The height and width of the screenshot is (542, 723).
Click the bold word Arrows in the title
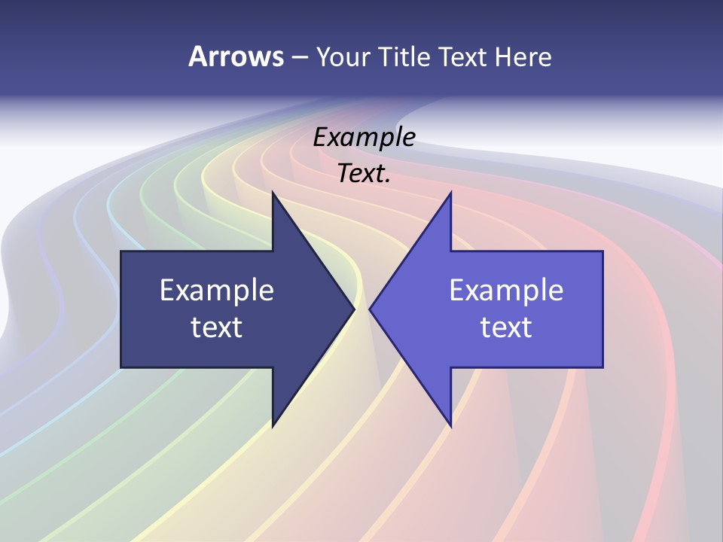[x=236, y=56]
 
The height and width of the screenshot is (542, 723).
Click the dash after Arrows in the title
[x=299, y=57]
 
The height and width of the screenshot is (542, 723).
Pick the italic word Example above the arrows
[x=365, y=137]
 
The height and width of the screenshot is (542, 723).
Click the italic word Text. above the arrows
[x=365, y=174]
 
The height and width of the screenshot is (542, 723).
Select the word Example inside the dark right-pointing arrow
[x=217, y=291]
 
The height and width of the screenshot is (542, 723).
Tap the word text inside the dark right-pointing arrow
[x=217, y=327]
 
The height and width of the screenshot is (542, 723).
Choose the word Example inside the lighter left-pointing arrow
[x=506, y=291]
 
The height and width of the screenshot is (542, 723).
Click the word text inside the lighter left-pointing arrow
[x=506, y=327]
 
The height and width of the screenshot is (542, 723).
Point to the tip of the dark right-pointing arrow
[x=355, y=309]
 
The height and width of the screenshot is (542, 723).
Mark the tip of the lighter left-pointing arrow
[x=369, y=309]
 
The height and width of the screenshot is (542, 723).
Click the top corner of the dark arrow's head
[x=273, y=192]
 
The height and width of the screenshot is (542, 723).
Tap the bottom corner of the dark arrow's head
[x=273, y=427]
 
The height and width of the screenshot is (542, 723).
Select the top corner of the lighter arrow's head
[x=451, y=192]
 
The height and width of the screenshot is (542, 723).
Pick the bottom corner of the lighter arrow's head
[x=451, y=427]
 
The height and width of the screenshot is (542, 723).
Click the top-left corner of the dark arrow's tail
[x=121, y=251]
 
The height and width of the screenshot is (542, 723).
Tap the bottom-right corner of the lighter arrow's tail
[x=602, y=367]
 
